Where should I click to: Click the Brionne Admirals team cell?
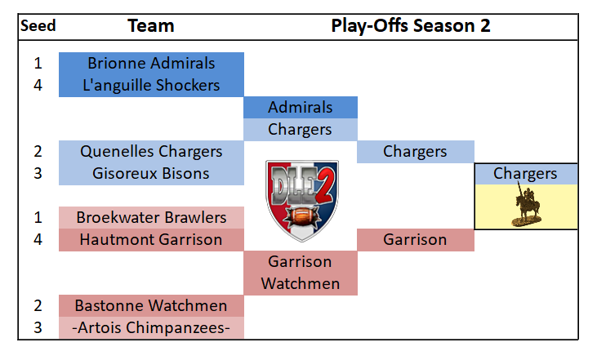151,64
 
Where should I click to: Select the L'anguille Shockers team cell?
151,86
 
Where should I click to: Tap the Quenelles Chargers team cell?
151,152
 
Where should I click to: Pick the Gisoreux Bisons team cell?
151,174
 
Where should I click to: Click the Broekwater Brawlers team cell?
151,218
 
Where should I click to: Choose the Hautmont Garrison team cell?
151,240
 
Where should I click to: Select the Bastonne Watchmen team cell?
151,306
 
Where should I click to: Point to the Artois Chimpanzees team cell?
151,327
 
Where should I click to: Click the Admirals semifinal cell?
301,108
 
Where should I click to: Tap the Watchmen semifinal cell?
301,284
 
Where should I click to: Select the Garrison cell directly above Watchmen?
301,262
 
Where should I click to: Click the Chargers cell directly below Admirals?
301,130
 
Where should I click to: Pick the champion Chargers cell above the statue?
526,174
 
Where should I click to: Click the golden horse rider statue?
527,205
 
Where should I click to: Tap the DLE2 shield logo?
302,201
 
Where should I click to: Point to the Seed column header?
38,26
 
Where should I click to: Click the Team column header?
151,26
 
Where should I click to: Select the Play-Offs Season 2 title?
411,26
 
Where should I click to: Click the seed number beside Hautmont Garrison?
38,240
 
